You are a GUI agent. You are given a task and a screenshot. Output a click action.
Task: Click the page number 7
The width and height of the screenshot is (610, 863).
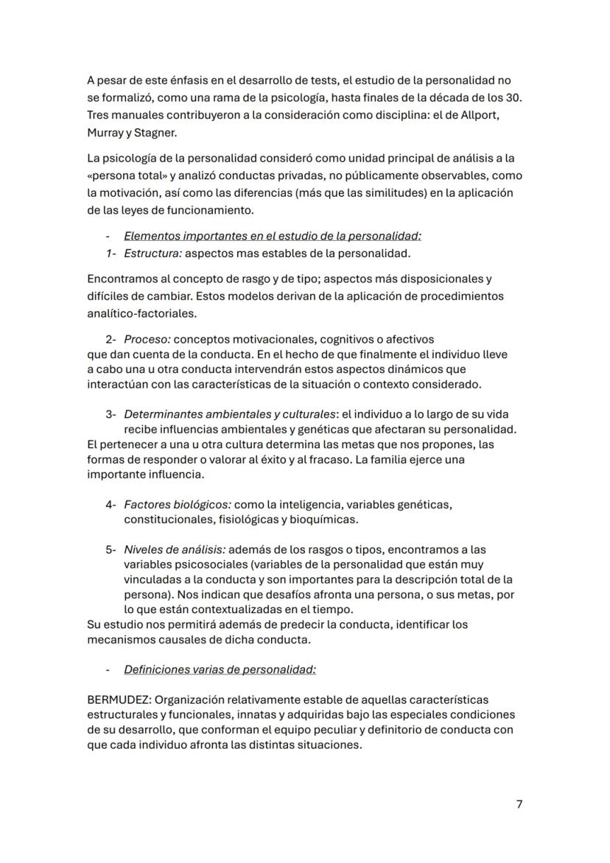pyautogui.click(x=519, y=804)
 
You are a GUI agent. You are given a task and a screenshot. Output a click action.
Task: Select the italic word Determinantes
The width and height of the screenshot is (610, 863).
pyautogui.click(x=161, y=414)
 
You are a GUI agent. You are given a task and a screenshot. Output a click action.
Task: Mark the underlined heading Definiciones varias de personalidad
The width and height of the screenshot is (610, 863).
pyautogui.click(x=220, y=669)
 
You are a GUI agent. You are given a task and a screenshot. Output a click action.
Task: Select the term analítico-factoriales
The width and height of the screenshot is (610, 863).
pyautogui.click(x=141, y=312)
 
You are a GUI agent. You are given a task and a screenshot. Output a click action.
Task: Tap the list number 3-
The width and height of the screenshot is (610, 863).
pyautogui.click(x=111, y=414)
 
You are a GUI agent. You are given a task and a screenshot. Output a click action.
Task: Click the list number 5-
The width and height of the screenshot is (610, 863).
pyautogui.click(x=111, y=550)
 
